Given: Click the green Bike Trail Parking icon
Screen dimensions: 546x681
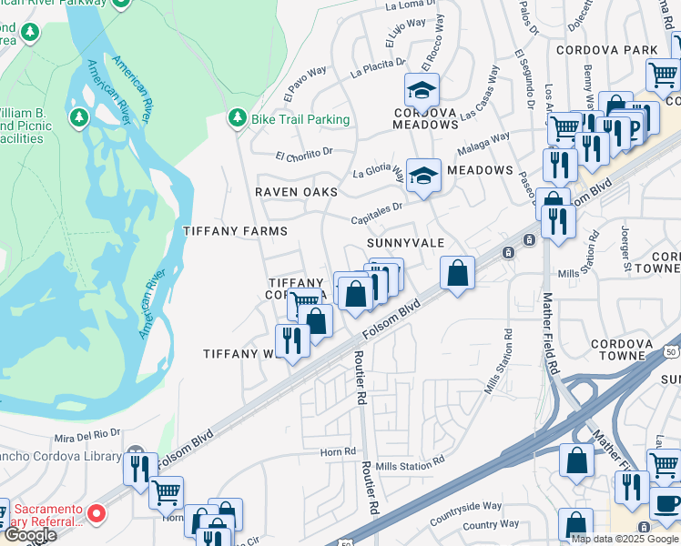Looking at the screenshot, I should point(237,118).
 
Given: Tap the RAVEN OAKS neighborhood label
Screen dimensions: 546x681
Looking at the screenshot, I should point(296,192).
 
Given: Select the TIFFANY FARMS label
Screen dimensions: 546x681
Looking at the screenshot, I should point(236,231).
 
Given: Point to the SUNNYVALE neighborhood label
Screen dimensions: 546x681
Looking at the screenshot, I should point(405,244).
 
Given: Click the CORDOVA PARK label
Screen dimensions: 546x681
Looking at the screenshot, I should point(606,49).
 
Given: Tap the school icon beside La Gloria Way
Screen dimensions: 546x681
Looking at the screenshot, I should point(423,175).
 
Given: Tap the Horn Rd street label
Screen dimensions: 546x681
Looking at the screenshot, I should point(338,451).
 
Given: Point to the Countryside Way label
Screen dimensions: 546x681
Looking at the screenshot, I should point(465,506).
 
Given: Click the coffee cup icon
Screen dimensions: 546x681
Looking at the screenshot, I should point(665,503).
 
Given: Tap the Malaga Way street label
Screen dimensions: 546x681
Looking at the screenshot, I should point(484,144).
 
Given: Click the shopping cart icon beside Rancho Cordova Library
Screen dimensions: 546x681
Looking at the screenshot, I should point(166,492).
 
